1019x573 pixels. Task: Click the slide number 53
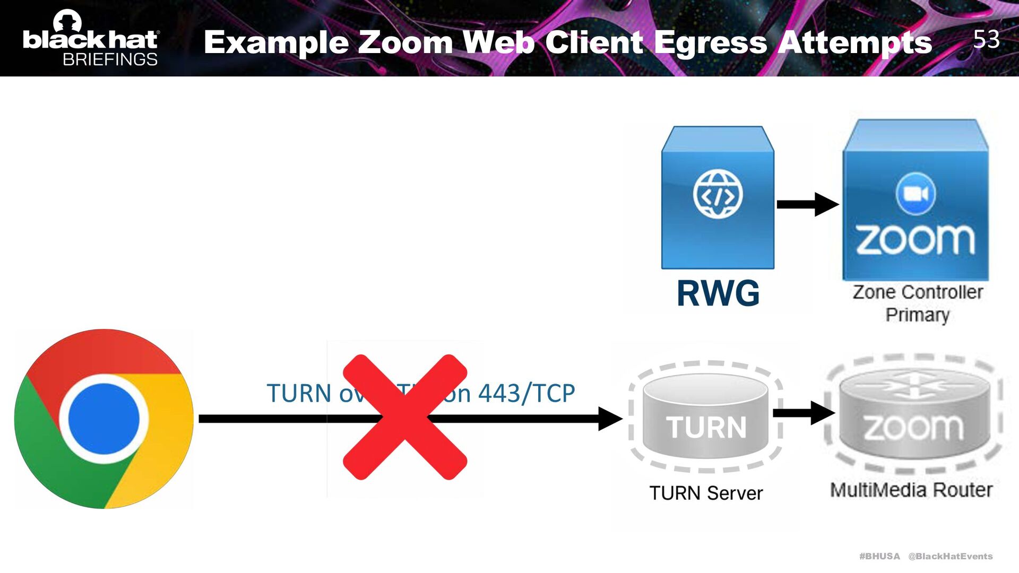click(x=986, y=39)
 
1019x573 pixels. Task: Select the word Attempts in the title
click(x=854, y=42)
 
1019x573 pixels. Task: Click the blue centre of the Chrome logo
click(x=104, y=419)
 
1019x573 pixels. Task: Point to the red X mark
click(x=405, y=417)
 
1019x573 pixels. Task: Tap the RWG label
click(x=718, y=293)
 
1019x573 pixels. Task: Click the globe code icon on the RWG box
click(x=718, y=195)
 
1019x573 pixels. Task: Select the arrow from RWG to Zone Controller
click(x=807, y=204)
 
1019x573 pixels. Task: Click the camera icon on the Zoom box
click(x=916, y=194)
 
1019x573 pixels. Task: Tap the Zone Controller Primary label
click(x=917, y=303)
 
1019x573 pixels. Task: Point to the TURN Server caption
click(x=706, y=493)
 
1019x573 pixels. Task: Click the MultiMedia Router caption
click(x=911, y=490)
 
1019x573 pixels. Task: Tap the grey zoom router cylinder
click(x=914, y=416)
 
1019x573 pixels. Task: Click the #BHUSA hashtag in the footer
click(x=879, y=556)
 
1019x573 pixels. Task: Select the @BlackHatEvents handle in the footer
click(x=950, y=556)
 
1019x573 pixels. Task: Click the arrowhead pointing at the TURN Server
click(x=610, y=419)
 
